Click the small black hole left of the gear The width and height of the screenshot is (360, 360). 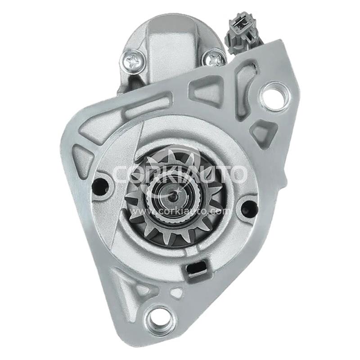(x=100, y=184)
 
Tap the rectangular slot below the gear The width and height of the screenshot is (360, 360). (x=196, y=268)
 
